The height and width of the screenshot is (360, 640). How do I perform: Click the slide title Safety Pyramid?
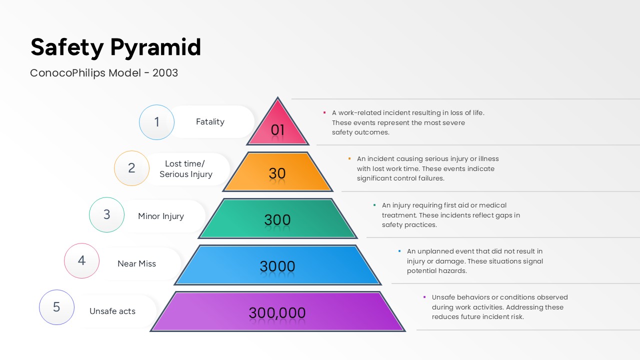[x=115, y=47]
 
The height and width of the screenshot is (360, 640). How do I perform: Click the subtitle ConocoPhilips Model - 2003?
[x=104, y=73]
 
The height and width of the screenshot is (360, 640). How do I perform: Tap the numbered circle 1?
[x=156, y=122]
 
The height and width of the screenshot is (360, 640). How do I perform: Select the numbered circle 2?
[x=131, y=168]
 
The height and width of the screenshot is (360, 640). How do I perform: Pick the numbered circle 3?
[x=106, y=214]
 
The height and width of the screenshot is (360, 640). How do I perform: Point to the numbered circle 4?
[x=81, y=260]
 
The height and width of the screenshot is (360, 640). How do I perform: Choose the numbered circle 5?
[x=56, y=307]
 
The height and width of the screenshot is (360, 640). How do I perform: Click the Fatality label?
[x=210, y=121]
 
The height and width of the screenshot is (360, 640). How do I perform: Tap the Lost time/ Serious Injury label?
[x=185, y=169]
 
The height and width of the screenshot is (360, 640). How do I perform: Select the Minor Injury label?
[x=161, y=216]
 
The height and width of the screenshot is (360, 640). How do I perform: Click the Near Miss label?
[x=136, y=263]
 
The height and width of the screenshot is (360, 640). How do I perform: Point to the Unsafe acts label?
[x=112, y=311]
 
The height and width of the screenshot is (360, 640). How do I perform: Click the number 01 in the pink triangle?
[x=277, y=130]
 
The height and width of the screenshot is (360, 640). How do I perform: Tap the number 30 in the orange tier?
[x=277, y=173]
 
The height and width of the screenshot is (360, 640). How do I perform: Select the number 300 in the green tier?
[x=277, y=219]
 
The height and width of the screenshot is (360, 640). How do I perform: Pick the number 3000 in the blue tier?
[x=277, y=266]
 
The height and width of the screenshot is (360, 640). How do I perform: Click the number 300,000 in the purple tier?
[x=277, y=313]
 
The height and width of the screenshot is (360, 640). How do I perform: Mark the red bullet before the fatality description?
[x=324, y=112]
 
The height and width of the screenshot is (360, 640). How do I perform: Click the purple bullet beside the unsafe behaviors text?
[x=424, y=297]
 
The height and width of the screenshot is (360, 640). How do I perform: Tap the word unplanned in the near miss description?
[x=434, y=251]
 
